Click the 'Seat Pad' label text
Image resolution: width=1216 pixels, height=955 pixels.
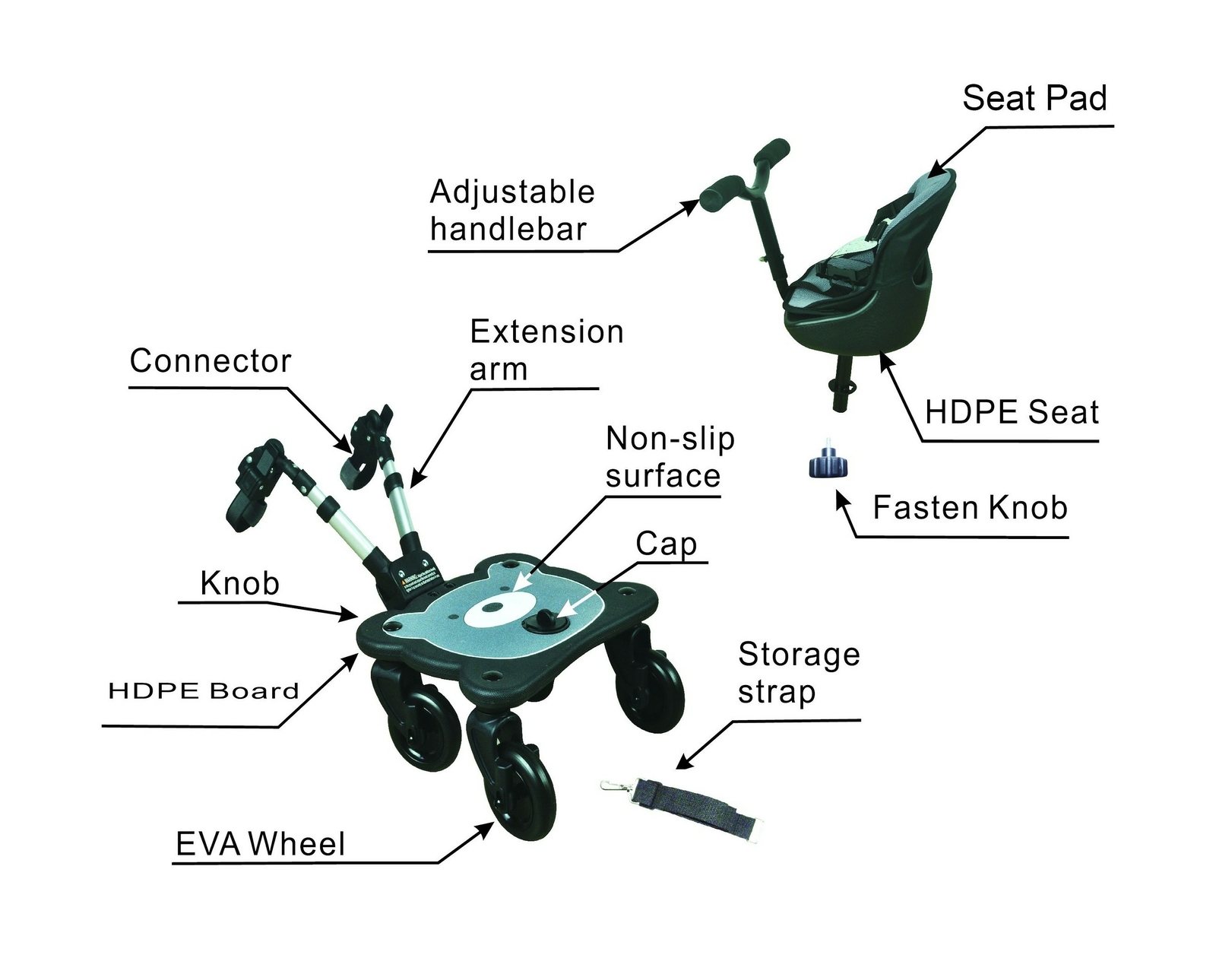(x=1034, y=99)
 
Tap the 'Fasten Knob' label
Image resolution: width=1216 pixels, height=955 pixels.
(x=969, y=507)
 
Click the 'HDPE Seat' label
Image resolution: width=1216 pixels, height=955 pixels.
(x=1011, y=412)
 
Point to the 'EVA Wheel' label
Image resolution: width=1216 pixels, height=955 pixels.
(x=260, y=844)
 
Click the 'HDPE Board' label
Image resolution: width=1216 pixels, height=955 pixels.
(x=203, y=691)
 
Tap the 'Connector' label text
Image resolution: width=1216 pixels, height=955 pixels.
(x=211, y=361)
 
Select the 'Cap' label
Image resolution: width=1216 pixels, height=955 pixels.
(x=666, y=544)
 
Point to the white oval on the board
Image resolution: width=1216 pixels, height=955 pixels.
(x=495, y=610)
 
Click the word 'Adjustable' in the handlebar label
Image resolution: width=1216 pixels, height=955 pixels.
(x=512, y=192)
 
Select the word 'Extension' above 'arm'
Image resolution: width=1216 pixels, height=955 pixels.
(x=546, y=332)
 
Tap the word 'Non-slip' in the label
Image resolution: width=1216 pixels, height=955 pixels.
(x=670, y=439)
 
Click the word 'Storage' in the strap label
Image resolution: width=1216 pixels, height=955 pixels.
(x=798, y=655)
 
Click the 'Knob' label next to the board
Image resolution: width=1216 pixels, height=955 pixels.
(x=239, y=583)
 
